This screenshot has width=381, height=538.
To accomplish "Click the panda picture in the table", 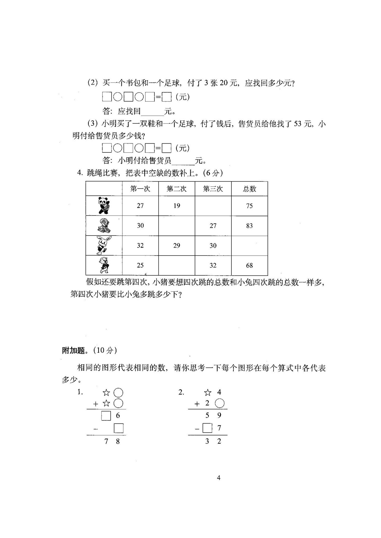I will [x=104, y=206].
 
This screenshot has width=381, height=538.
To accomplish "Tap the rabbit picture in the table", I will [x=104, y=245].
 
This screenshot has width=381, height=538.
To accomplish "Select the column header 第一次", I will [x=140, y=189].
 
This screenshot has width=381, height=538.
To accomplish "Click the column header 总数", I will [x=249, y=189].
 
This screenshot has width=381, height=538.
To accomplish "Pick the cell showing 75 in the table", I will [x=249, y=206].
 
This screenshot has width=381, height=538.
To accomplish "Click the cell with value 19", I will [x=177, y=206].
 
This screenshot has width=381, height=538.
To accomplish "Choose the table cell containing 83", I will [x=249, y=226].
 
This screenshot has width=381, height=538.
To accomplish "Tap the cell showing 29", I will [x=177, y=246].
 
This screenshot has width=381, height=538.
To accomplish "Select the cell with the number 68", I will [x=249, y=266].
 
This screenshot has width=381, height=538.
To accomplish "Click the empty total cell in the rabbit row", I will [x=249, y=245].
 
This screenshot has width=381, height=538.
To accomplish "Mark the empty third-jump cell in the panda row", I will [x=213, y=206].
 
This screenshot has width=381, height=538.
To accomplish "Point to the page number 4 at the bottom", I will [x=219, y=478].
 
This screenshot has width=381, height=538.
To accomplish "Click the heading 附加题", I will [x=73, y=350].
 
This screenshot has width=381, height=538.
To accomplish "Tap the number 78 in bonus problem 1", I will [x=112, y=442].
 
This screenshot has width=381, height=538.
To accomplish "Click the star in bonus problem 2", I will [x=208, y=393].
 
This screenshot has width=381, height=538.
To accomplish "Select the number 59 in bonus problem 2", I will [x=213, y=415].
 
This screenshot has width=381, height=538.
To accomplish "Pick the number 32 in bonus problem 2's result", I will [x=213, y=441].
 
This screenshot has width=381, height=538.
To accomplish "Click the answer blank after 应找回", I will [x=152, y=111].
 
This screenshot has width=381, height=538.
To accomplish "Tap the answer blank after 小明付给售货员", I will [x=183, y=160].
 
